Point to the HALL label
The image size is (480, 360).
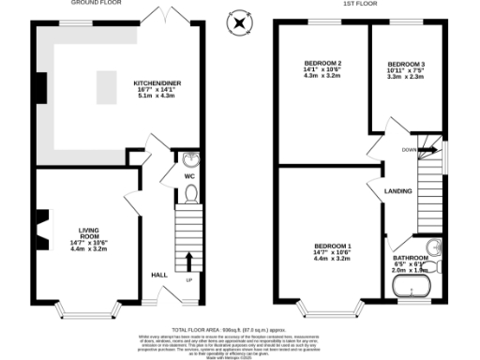pos(159,274)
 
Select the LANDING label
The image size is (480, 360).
pos(398,191)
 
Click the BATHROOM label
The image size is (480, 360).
pos(410,257)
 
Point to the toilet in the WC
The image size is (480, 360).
pos(191,194)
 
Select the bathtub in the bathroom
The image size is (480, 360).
pos(413,288)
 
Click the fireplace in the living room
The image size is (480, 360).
pos(40,224)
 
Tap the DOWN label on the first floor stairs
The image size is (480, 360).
pos(409,148)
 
